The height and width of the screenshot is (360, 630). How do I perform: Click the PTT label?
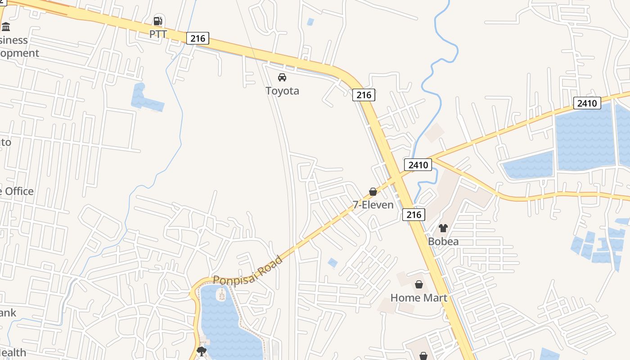(x=158, y=34)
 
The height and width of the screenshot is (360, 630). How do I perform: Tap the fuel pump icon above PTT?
(x=157, y=21)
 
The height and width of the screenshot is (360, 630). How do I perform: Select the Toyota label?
(x=282, y=91)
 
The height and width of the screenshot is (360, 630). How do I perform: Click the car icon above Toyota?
(x=282, y=77)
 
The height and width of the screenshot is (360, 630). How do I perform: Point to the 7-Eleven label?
(x=373, y=205)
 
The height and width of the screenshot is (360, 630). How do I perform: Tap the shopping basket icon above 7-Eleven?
(x=373, y=192)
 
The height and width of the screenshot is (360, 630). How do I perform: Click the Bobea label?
(x=443, y=242)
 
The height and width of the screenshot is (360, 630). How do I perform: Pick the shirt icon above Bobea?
(x=443, y=228)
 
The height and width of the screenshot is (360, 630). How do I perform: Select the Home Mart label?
(x=418, y=298)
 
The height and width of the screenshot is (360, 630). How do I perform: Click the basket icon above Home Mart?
(x=419, y=284)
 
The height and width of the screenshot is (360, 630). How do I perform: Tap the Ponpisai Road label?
(x=248, y=271)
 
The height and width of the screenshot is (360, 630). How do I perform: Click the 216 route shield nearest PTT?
(x=198, y=38)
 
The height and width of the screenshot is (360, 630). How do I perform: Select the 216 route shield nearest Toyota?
(x=364, y=94)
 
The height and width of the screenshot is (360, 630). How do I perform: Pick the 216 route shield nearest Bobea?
(x=413, y=214)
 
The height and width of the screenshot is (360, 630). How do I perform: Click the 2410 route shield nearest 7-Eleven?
(x=418, y=165)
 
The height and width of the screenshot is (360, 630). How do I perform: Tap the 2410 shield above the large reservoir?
(x=587, y=103)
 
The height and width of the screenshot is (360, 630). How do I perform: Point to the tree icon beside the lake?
(x=202, y=351)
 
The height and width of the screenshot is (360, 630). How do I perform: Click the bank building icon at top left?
(x=6, y=27)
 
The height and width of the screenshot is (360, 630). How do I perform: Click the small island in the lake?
(x=221, y=295)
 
